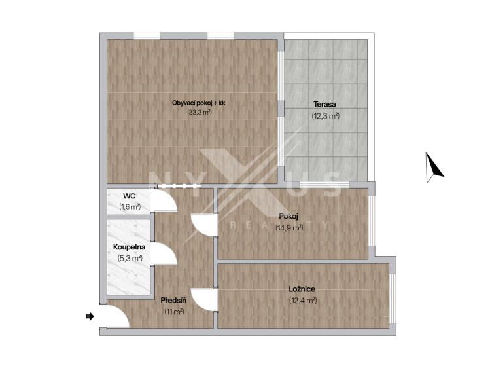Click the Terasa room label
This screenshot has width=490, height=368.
324,104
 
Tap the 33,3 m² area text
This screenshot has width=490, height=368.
200,112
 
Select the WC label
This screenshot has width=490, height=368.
130,196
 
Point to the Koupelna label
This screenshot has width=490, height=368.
129,247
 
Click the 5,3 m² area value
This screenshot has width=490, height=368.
130,258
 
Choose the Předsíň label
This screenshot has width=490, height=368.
173,301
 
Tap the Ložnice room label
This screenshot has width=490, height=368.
302,289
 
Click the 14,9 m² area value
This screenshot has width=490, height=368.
289,228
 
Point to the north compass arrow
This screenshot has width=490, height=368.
433,167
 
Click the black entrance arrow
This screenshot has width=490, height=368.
90,316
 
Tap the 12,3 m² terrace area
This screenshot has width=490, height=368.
325,116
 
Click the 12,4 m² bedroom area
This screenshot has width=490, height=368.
303,301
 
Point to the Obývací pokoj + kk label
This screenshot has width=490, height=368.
198,103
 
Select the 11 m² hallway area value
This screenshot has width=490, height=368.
174,312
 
